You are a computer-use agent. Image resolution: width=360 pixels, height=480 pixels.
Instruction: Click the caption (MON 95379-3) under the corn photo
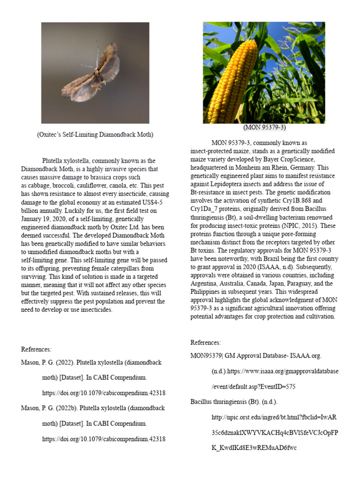pos(264,127)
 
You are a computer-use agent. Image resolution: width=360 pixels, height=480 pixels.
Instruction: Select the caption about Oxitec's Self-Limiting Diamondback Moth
pos(95,135)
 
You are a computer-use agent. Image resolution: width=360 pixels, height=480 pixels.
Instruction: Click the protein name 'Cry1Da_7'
pos(206,207)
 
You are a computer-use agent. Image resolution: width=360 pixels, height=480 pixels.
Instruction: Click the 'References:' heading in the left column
pos(36,349)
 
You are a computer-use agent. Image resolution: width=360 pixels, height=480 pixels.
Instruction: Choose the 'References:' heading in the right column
pos(205,343)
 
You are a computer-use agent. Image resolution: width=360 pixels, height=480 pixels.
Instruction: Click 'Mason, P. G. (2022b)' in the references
pos(49,408)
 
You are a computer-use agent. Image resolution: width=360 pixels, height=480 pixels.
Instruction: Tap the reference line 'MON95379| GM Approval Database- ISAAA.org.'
pos(256,356)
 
